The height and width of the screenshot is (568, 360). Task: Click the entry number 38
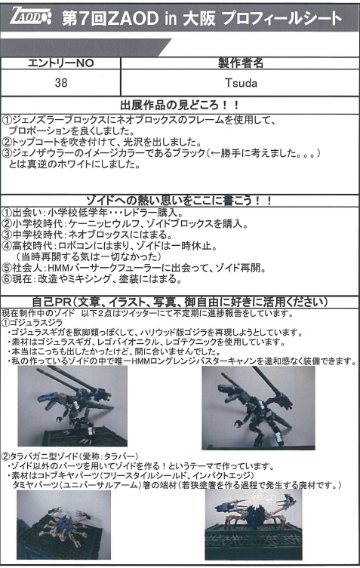[x=61, y=82]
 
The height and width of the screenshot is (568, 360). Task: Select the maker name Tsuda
[x=241, y=83]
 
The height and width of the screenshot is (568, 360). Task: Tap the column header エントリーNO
[x=61, y=63]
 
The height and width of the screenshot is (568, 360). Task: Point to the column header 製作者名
[x=240, y=63]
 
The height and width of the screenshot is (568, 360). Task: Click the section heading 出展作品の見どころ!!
[x=180, y=106]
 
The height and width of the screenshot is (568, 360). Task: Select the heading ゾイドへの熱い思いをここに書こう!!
[x=179, y=201]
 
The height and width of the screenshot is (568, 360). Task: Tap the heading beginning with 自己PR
[x=180, y=302]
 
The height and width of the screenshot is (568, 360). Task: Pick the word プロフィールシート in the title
[x=282, y=18]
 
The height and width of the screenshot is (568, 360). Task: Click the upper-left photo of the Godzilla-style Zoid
[x=72, y=406]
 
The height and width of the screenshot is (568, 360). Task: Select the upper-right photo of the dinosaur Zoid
[x=258, y=407]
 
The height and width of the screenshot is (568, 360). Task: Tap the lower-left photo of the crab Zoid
[x=64, y=525]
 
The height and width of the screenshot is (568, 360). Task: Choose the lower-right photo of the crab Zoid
[x=254, y=525]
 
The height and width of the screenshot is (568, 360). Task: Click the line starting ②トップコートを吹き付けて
[x=102, y=142]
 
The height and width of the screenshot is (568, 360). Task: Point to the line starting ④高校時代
[x=110, y=246]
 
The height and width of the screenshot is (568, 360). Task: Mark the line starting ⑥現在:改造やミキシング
[x=92, y=279]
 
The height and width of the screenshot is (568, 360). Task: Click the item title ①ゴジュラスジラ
[x=32, y=322]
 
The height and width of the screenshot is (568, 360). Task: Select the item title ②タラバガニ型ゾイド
[x=70, y=456]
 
